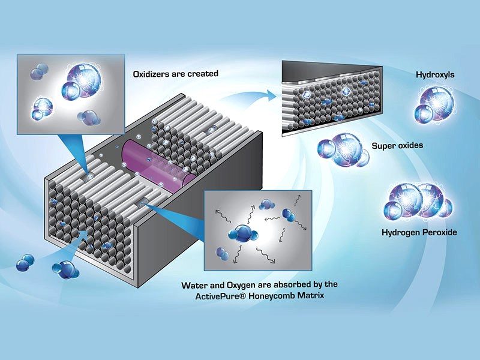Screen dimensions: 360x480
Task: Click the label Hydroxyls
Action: pos(435,75)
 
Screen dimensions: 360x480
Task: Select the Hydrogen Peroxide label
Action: pos(418,232)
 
